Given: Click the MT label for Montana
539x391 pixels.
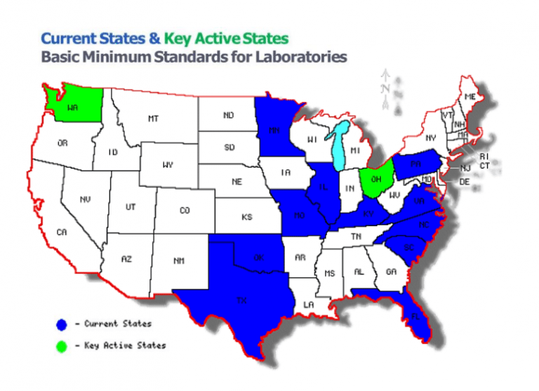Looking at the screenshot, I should point(153,119).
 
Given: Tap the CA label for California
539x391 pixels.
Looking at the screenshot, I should point(62,232).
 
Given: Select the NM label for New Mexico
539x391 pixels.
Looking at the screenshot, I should point(179,260).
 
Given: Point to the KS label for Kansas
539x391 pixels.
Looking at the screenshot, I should point(247,218).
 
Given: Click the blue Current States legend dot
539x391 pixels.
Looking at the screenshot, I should point(62,324).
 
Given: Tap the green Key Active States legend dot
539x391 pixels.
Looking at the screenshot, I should point(62,345).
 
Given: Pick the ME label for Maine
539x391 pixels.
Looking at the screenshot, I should point(470,96).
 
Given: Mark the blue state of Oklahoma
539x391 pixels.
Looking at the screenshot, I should point(258,258).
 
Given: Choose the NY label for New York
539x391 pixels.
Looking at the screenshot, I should point(431,138).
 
